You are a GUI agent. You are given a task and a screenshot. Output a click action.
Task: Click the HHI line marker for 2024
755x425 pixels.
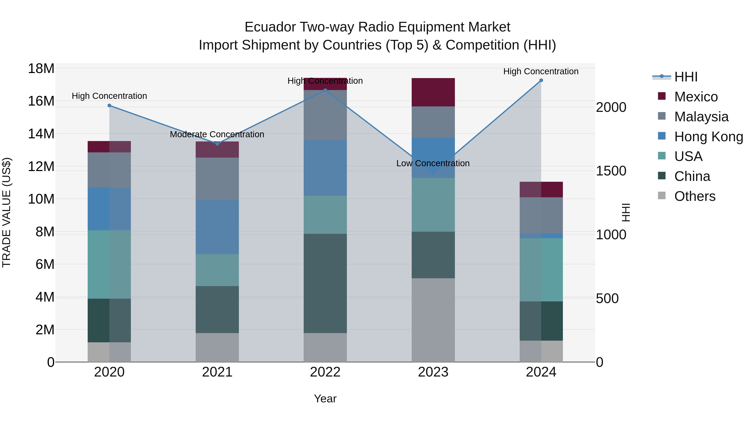coord(541,80)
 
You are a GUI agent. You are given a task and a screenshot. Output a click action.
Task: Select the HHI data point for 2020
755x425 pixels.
coord(109,106)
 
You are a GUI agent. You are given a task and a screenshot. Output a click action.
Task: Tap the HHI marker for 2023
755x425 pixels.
coord(433,173)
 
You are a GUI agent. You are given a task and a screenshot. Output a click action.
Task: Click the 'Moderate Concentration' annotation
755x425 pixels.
coord(217,134)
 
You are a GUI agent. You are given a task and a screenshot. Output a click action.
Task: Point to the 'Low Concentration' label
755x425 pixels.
coord(433,163)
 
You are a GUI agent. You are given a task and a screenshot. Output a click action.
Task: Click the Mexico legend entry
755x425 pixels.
coord(696,97)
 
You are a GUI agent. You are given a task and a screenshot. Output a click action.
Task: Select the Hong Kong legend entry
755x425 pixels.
coord(708,137)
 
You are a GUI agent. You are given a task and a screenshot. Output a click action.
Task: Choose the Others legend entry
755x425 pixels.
coord(695,196)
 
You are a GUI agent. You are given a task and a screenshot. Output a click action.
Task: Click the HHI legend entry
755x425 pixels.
coord(686,77)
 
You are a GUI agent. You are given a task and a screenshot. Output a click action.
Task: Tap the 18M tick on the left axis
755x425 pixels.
coord(41,69)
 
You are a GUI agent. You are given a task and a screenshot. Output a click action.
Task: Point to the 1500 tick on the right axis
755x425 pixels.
coord(611,171)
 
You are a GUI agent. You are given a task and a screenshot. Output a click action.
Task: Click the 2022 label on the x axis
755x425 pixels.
coord(325,372)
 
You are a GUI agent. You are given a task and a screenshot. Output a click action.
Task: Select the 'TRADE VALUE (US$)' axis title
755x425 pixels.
coord(7,212)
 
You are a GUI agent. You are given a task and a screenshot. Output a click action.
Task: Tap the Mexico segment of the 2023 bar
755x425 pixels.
coord(433,92)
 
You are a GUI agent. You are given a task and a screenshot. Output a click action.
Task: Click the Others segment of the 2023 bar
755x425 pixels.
coord(433,320)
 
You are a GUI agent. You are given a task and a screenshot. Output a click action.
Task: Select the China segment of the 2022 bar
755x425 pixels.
coord(325,283)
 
